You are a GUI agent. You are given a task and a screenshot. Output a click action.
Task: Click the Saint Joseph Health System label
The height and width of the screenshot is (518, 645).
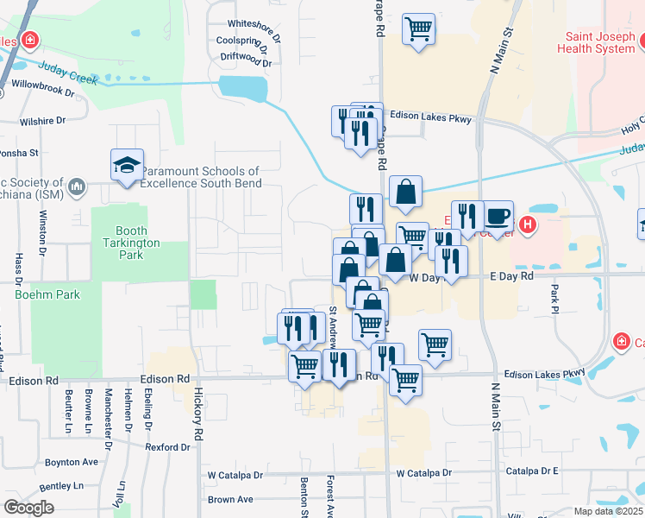600,43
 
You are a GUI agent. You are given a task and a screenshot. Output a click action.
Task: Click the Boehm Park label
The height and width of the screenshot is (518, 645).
47,294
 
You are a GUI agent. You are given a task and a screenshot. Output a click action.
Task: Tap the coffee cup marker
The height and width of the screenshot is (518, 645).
498,216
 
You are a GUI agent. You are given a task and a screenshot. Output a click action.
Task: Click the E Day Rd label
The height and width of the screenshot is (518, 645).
511,276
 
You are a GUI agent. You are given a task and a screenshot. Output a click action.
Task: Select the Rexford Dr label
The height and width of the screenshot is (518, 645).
167,447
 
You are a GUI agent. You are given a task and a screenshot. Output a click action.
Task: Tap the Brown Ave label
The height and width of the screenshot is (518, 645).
230,499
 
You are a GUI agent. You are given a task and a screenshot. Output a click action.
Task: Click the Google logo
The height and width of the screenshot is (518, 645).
28,508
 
